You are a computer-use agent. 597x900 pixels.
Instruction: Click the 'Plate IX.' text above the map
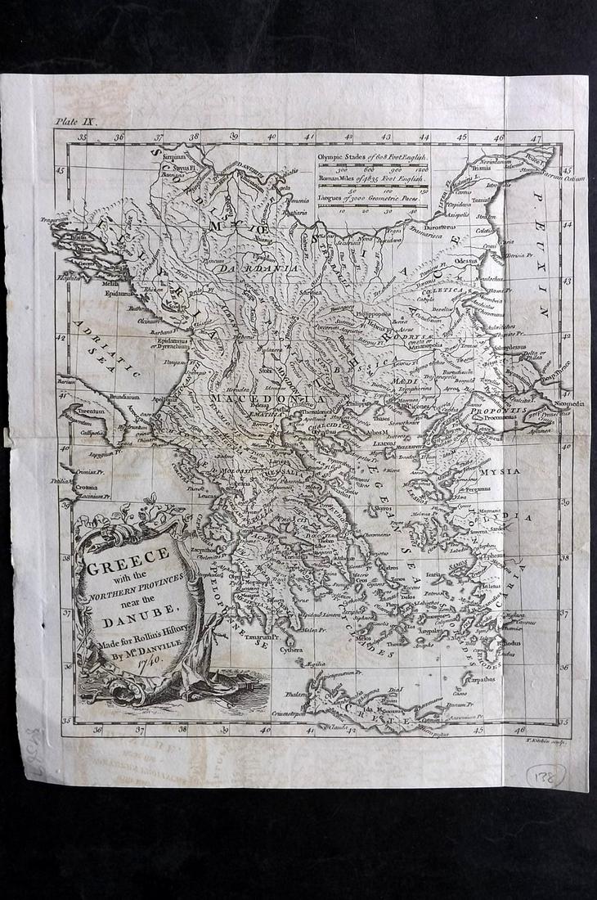[x=77, y=120]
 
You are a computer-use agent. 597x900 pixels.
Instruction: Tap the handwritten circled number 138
[x=545, y=775]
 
